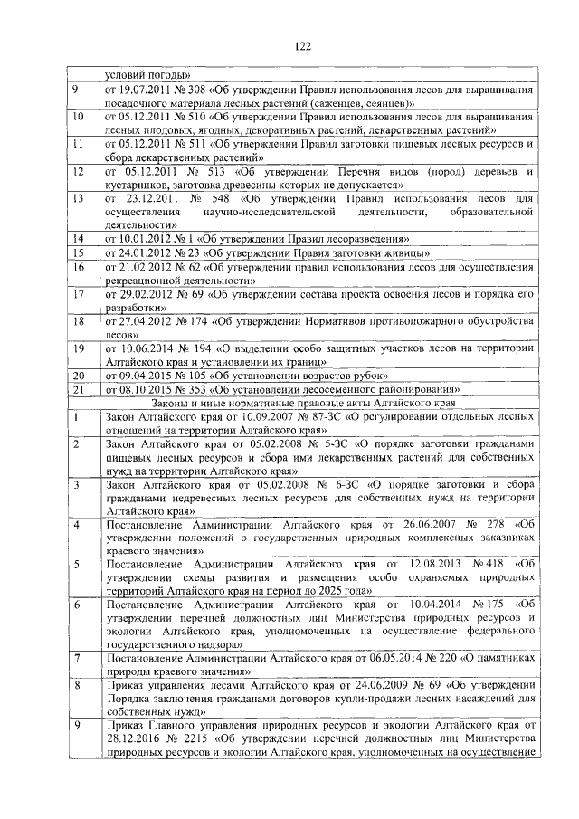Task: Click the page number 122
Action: click(x=301, y=45)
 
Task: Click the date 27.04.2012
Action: click(x=147, y=321)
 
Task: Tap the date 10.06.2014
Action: click(x=149, y=348)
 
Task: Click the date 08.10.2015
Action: click(x=147, y=389)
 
